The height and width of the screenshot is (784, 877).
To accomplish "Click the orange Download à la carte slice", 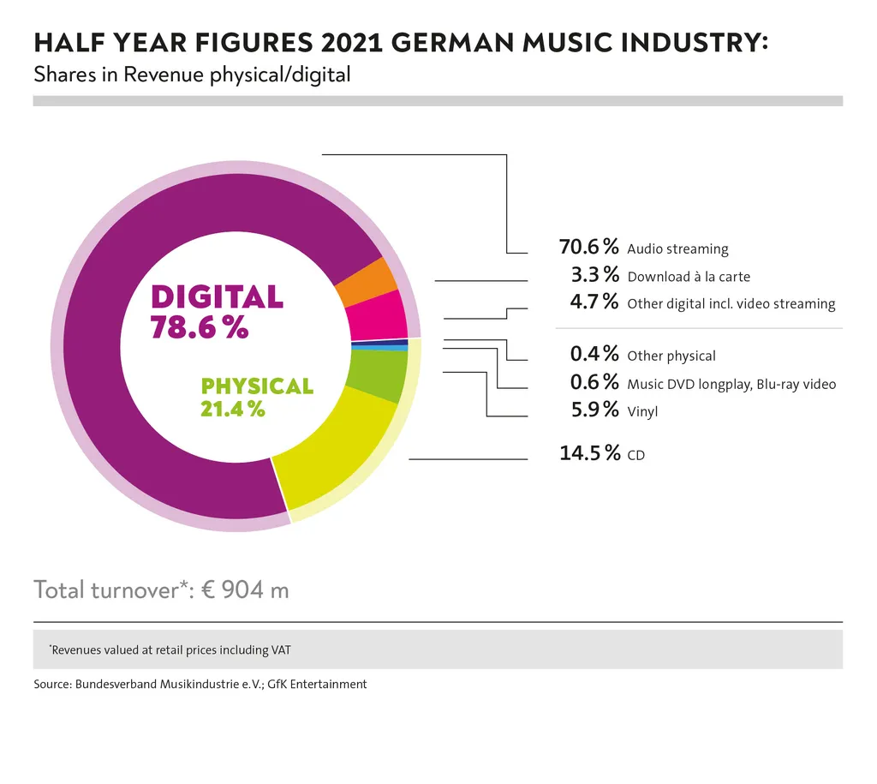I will pyautogui.click(x=366, y=281).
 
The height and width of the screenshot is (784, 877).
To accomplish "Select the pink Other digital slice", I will pyautogui.click(x=379, y=315).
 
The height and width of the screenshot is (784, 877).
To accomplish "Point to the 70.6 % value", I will pyautogui.click(x=588, y=248).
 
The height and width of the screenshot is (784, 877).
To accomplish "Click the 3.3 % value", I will pyautogui.click(x=594, y=275).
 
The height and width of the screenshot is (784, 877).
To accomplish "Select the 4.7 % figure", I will pyautogui.click(x=594, y=302).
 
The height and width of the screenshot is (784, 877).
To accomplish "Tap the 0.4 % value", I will pyautogui.click(x=594, y=354).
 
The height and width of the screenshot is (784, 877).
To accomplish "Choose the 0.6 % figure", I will pyautogui.click(x=594, y=382).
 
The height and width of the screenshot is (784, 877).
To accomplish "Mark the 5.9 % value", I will pyautogui.click(x=594, y=410).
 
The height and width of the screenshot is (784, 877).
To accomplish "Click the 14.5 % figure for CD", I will pyautogui.click(x=589, y=453).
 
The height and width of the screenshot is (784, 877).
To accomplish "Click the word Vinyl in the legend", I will pyautogui.click(x=642, y=412).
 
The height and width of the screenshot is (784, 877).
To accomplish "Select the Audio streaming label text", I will pyautogui.click(x=677, y=249).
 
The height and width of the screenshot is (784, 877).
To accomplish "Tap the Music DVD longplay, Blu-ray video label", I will pyautogui.click(x=731, y=384).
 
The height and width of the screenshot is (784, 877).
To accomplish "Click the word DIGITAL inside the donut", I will pyautogui.click(x=217, y=296).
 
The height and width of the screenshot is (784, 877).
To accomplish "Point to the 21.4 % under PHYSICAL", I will pyautogui.click(x=232, y=409).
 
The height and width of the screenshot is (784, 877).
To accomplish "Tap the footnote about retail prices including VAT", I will pyautogui.click(x=170, y=650).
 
